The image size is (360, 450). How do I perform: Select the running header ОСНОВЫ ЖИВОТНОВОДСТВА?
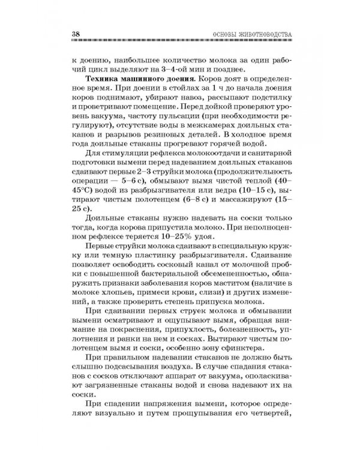[249, 34]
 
